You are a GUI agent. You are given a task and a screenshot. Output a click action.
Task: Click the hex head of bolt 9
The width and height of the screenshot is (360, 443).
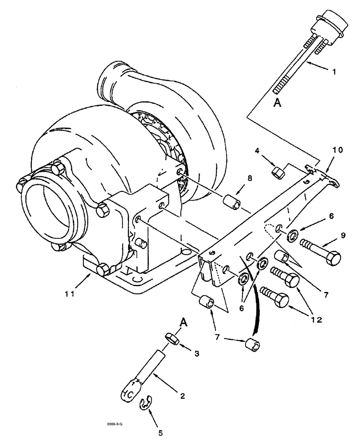[333, 257]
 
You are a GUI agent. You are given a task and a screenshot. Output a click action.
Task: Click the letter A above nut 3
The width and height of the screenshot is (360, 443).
[183, 323]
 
